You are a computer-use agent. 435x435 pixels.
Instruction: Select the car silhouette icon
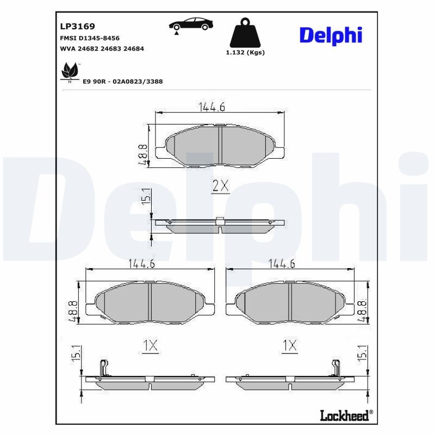click(x=190, y=24)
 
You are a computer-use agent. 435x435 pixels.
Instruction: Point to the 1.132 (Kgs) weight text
click(x=245, y=53)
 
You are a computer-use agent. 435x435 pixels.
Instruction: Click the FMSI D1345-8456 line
click(x=89, y=38)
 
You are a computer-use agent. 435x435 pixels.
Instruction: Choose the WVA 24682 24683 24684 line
click(x=102, y=48)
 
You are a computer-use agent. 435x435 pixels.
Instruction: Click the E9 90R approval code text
click(x=122, y=81)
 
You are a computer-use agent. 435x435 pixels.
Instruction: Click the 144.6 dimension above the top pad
click(x=212, y=107)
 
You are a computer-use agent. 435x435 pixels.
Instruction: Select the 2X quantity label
click(x=220, y=187)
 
